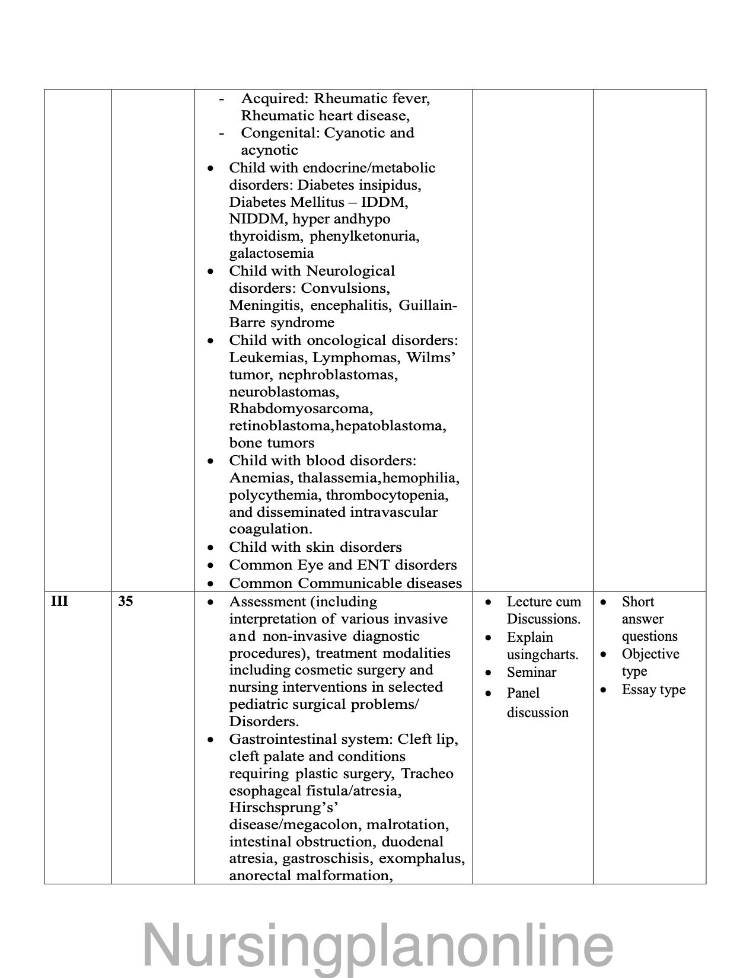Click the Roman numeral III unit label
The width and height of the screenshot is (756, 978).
click(x=59, y=602)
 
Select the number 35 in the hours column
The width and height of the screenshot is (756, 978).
click(x=125, y=602)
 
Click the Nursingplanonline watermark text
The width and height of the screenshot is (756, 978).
click(x=378, y=944)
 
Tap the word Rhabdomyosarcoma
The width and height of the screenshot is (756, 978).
click(x=301, y=409)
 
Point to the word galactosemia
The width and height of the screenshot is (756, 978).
click(x=272, y=254)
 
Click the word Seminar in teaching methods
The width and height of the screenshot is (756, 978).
click(x=531, y=672)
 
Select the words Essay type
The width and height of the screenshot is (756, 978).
click(x=653, y=690)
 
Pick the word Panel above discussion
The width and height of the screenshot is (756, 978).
click(x=523, y=693)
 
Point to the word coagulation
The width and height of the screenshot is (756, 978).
click(x=270, y=529)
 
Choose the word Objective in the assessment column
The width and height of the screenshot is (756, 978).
click(x=650, y=654)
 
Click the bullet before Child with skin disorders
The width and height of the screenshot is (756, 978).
click(x=210, y=548)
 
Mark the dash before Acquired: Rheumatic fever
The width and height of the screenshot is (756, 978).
click(x=222, y=99)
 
